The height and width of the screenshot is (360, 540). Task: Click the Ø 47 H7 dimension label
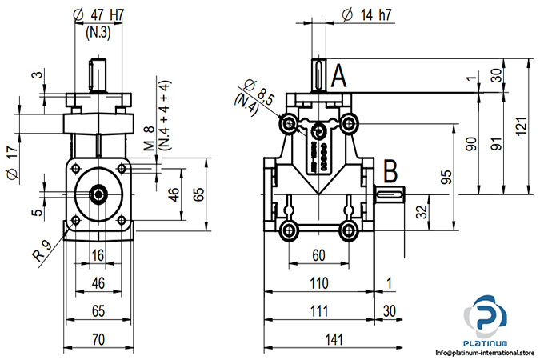[98, 13]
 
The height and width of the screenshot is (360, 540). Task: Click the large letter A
[338, 77]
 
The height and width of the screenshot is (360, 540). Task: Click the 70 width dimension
[98, 339]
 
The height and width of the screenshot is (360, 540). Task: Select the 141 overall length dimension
[333, 339]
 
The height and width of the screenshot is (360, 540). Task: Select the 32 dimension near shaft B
[422, 211]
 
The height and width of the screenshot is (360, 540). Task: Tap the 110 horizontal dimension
[319, 282]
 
